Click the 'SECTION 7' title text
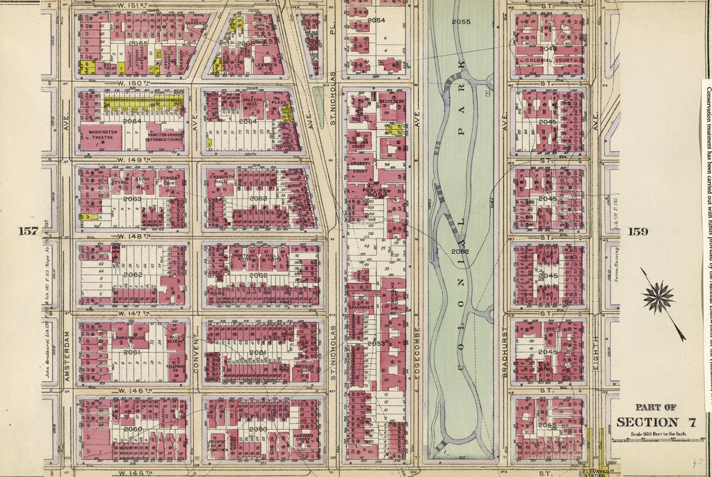[647, 422]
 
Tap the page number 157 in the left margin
[29, 231]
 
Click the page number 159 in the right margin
[639, 231]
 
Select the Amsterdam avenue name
[67, 355]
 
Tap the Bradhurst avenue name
[505, 355]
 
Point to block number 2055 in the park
[461, 22]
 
